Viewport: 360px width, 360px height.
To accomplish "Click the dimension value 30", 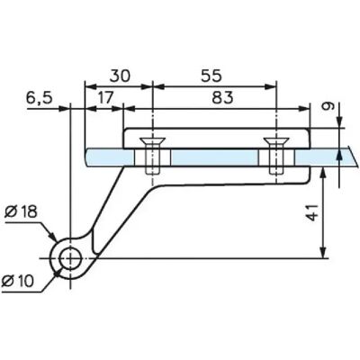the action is click(120, 76).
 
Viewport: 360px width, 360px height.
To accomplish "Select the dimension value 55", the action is click(211, 76).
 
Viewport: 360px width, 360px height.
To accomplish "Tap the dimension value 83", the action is click(222, 97).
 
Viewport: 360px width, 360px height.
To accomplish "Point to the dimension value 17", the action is click(105, 97).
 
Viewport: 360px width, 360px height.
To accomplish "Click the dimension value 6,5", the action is click(40, 98).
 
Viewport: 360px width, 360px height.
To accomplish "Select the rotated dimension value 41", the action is click(313, 212).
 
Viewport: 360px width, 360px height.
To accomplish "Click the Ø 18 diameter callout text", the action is click(21, 211).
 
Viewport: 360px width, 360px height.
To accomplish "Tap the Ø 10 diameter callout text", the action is click(18, 281).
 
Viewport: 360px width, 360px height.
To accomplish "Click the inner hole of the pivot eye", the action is click(70, 258).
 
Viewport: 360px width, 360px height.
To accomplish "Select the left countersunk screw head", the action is click(153, 141).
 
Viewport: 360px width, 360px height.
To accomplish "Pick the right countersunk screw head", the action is click(276, 141).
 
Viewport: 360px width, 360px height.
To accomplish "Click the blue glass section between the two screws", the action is click(214, 157).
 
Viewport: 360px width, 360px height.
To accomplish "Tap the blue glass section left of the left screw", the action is click(110, 157).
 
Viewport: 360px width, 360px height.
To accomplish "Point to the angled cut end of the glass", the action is click(354, 156).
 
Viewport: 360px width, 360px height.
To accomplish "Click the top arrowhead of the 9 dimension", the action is click(339, 122).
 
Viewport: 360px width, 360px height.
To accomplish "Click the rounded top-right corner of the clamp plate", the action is click(307, 131).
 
